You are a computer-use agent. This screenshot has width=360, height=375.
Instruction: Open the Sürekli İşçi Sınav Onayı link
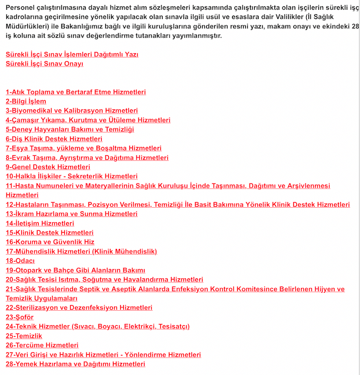pyautogui.click(x=44, y=64)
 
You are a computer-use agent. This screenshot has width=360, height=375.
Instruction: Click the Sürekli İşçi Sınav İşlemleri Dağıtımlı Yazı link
pyautogui.click(x=72, y=54)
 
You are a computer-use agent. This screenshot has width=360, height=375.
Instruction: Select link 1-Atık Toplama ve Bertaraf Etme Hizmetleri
pyautogui.click(x=75, y=92)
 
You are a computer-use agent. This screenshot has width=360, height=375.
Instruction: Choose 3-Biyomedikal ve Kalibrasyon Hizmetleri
pyautogui.click(x=72, y=111)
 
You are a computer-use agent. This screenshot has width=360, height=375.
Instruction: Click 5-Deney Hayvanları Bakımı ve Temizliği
pyautogui.click(x=69, y=130)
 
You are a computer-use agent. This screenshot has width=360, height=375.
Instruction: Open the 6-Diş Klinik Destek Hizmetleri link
pyautogui.click(x=54, y=139)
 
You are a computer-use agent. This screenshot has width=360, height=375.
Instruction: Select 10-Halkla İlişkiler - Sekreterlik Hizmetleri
pyautogui.click(x=72, y=176)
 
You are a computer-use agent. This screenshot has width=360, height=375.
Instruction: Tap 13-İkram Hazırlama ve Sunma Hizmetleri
pyautogui.click(x=72, y=214)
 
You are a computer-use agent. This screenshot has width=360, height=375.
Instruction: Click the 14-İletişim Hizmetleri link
pyautogui.click(x=40, y=223)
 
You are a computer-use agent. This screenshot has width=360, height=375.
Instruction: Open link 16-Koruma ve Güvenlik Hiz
pyautogui.click(x=50, y=242)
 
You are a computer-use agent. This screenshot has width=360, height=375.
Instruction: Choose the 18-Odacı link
pyautogui.click(x=20, y=260)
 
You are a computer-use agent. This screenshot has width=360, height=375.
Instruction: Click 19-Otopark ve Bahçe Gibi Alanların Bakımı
pyautogui.click(x=75, y=270)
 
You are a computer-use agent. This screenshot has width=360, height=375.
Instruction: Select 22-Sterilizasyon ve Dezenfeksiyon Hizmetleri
pyautogui.click(x=79, y=308)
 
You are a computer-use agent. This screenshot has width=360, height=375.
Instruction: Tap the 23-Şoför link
pyautogui.click(x=20, y=317)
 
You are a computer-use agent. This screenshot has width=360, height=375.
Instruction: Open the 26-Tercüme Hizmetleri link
pyautogui.click(x=42, y=345)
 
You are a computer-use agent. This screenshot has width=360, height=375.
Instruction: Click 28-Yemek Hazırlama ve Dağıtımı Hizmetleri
pyautogui.click(x=75, y=364)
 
